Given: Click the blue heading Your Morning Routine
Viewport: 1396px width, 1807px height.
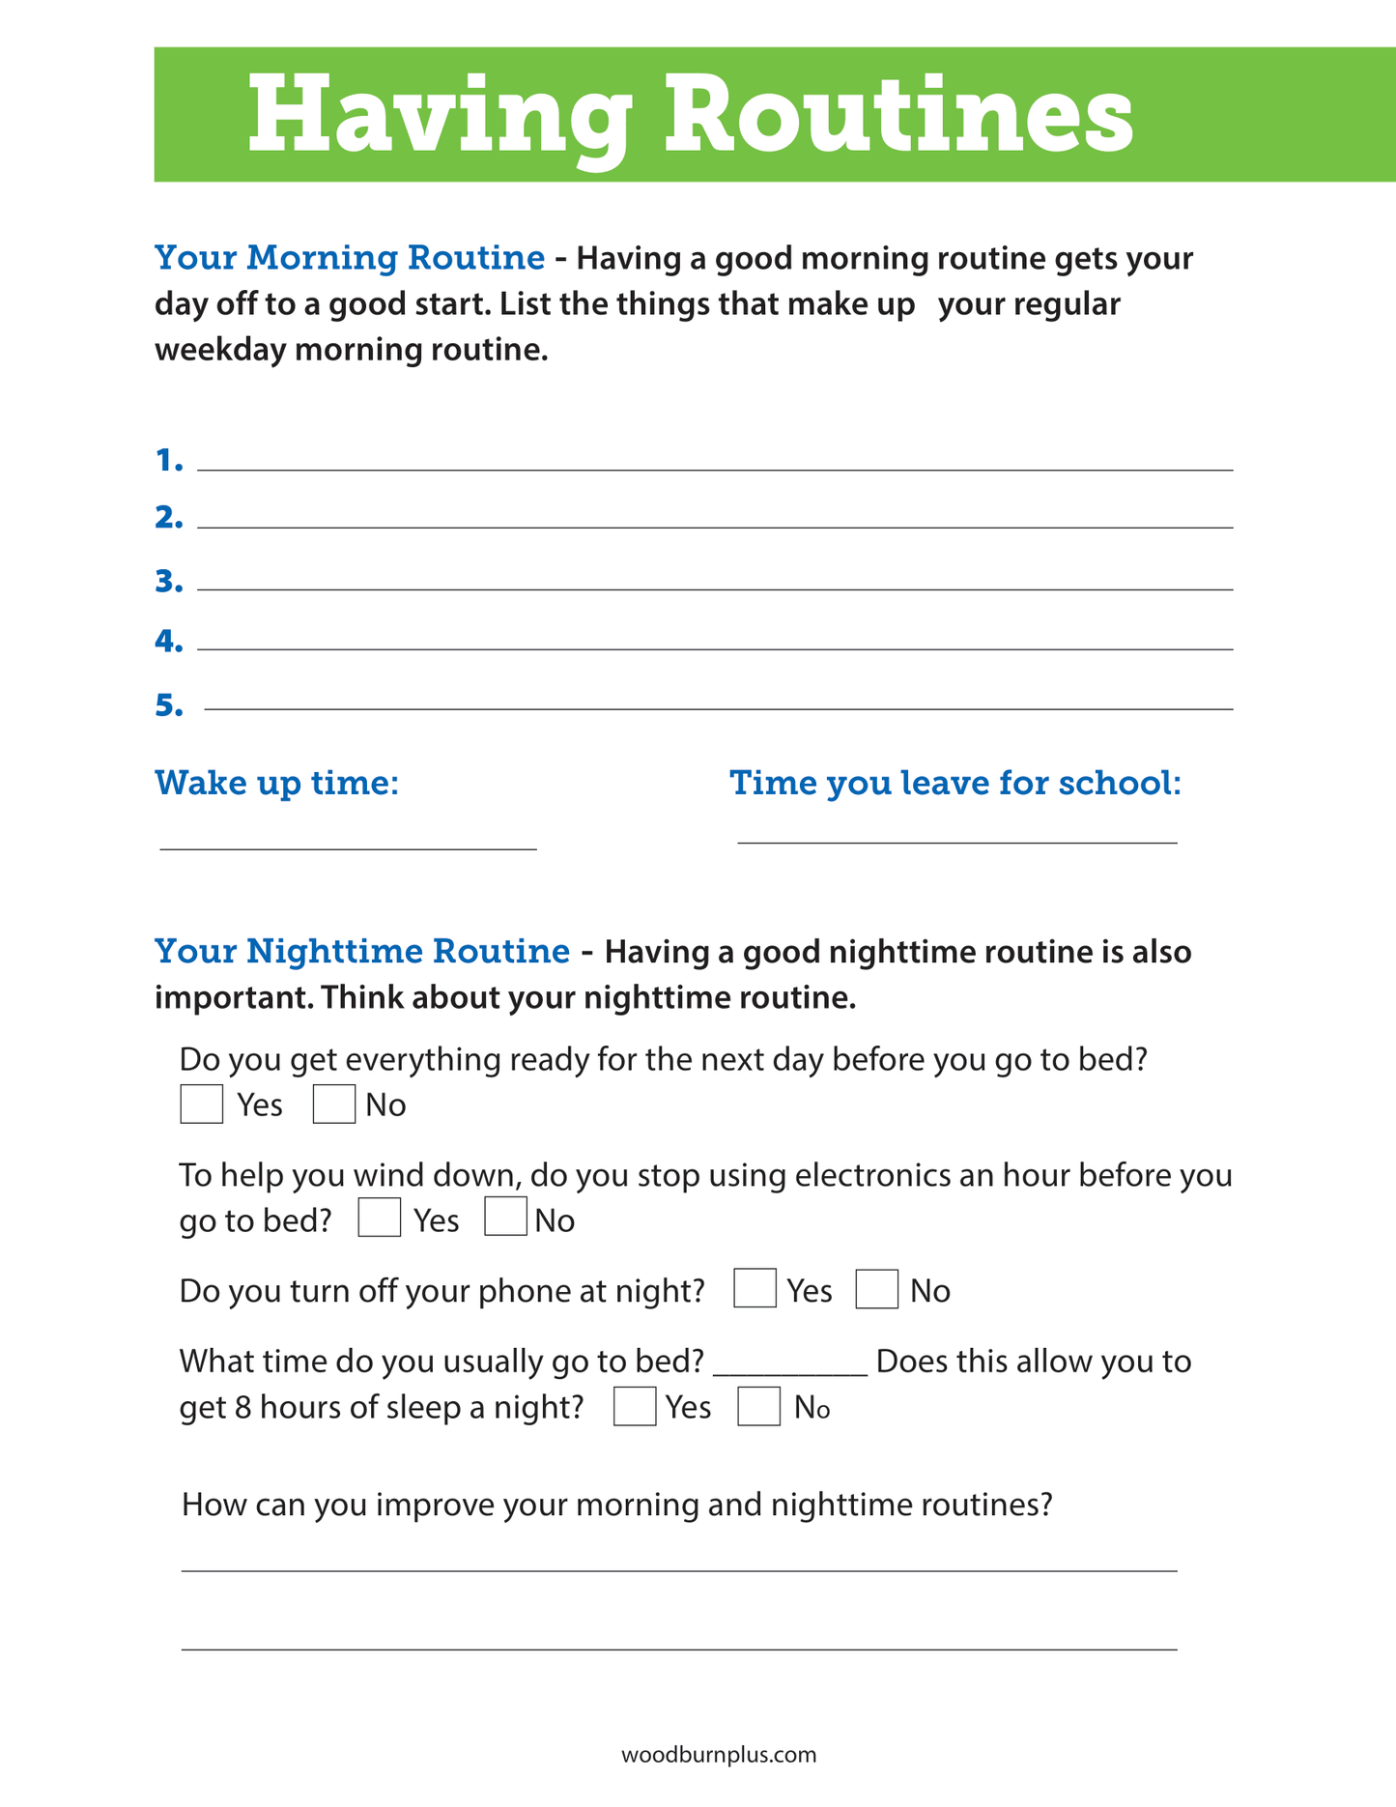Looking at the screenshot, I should pyautogui.click(x=350, y=258).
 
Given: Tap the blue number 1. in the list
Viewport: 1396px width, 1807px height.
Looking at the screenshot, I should pyautogui.click(x=169, y=461).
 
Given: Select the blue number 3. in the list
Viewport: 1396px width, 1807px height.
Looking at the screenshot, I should pyautogui.click(x=169, y=582).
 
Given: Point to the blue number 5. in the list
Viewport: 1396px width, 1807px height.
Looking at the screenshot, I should pyautogui.click(x=169, y=706).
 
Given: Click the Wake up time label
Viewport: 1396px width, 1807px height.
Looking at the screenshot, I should pyautogui.click(x=277, y=783).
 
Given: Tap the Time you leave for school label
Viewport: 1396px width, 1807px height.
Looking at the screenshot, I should pyautogui.click(x=955, y=783).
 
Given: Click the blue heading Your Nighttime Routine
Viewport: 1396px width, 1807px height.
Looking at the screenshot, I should pyautogui.click(x=362, y=952).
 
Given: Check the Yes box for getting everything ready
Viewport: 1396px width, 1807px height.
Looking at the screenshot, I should pyautogui.click(x=202, y=1104).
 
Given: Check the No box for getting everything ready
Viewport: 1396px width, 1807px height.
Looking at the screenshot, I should pyautogui.click(x=334, y=1104).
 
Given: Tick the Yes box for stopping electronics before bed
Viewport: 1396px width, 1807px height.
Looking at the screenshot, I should pyautogui.click(x=380, y=1218).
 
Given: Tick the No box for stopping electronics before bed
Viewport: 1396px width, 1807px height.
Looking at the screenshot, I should pyautogui.click(x=505, y=1217).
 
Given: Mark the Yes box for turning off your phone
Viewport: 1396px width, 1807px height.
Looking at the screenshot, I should pyautogui.click(x=755, y=1288).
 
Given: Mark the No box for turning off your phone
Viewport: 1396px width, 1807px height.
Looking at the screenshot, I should pyautogui.click(x=877, y=1289).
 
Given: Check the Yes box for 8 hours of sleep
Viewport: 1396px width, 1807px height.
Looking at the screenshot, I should pyautogui.click(x=635, y=1406).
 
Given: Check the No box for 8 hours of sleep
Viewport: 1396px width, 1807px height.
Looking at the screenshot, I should pyautogui.click(x=759, y=1406).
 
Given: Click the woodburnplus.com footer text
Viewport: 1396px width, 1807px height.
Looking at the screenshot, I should pyautogui.click(x=719, y=1755).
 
